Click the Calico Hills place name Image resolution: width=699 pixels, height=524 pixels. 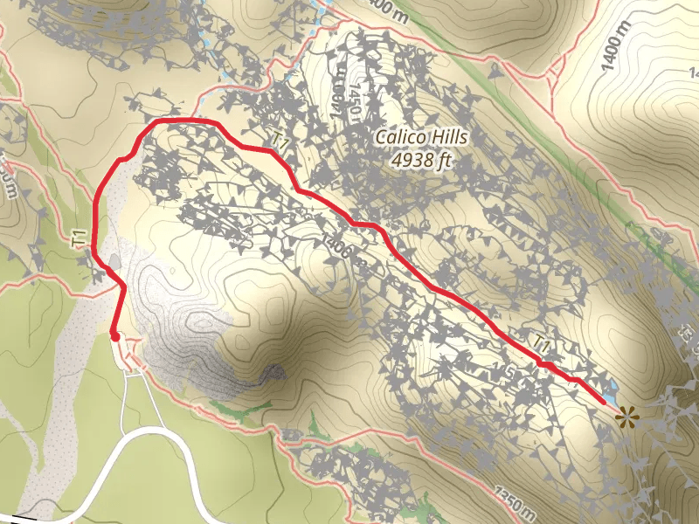[x=421, y=137]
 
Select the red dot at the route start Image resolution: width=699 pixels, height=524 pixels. [x=114, y=335]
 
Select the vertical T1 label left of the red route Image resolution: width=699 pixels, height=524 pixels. [x=80, y=238]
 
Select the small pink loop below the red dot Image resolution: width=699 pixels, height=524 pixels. [x=134, y=356]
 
